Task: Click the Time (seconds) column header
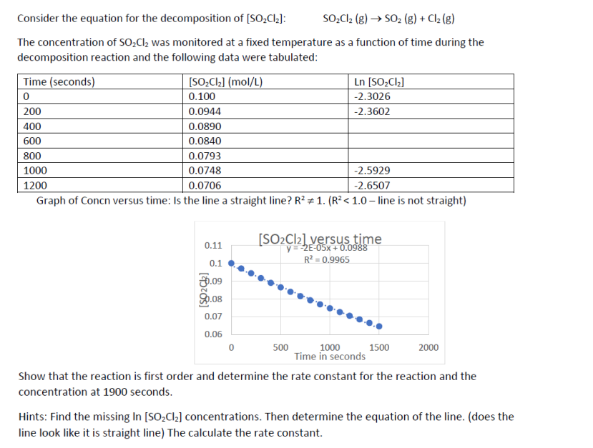(59, 81)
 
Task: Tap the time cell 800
(32, 156)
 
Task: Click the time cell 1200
(35, 186)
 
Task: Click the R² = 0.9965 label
(327, 259)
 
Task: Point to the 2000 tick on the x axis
(428, 348)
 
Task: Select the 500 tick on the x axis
(280, 348)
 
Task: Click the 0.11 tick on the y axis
(213, 245)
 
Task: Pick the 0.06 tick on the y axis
(213, 334)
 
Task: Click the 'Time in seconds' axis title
(330, 357)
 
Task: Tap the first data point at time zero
(231, 262)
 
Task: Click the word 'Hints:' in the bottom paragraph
(33, 417)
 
